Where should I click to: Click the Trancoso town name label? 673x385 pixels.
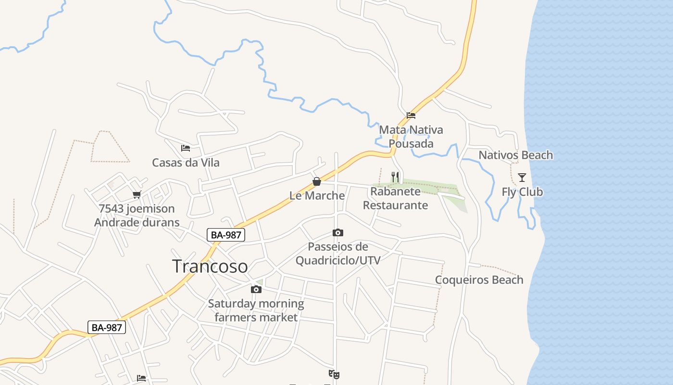(x=210, y=266)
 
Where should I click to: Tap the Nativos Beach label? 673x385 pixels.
(x=515, y=155)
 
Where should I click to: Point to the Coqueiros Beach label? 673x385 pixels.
(x=479, y=280)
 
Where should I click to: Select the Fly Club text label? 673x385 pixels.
(x=522, y=192)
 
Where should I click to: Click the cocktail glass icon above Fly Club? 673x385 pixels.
(x=522, y=177)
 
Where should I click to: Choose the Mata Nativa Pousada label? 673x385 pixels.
(x=411, y=137)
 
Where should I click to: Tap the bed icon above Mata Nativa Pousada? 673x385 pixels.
(x=411, y=115)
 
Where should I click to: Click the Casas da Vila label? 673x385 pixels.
(x=186, y=163)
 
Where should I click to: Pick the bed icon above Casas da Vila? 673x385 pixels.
(x=186, y=148)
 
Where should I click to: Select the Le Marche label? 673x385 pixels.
(x=317, y=195)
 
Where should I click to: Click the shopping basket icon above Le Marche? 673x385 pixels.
(x=317, y=181)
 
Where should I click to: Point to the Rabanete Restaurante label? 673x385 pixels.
(x=395, y=198)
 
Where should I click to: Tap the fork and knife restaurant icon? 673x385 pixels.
(x=395, y=177)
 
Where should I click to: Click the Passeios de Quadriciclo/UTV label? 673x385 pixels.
(x=338, y=254)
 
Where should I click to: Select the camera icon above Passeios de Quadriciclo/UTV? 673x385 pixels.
(x=338, y=233)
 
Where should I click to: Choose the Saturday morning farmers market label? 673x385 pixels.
(x=256, y=310)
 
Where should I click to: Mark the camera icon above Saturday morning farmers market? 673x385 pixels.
(x=256, y=289)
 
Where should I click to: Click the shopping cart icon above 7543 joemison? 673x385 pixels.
(x=137, y=195)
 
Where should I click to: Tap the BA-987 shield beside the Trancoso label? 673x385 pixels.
(x=226, y=235)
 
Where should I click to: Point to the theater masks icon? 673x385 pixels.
(x=334, y=373)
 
